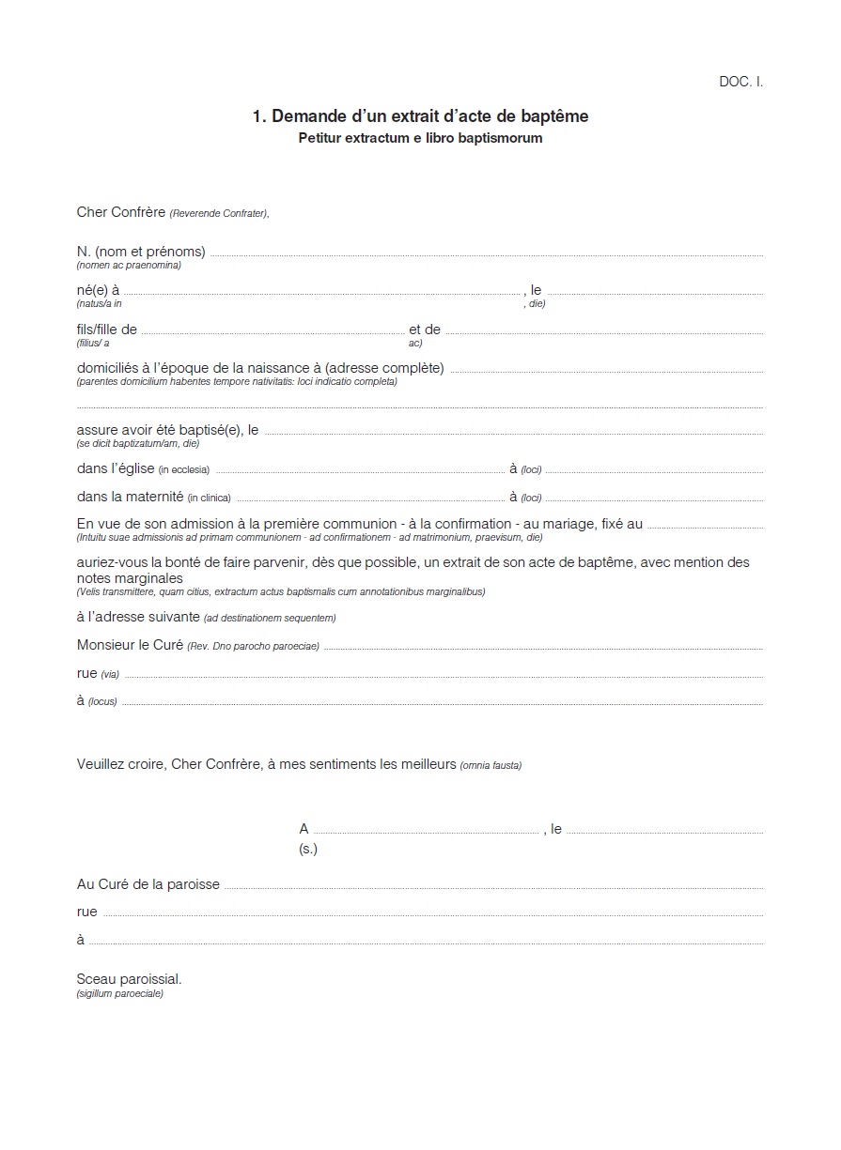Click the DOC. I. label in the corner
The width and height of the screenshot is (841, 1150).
click(740, 82)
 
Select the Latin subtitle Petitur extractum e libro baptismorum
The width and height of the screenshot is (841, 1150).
click(420, 138)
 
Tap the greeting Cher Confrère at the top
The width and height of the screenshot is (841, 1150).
click(120, 212)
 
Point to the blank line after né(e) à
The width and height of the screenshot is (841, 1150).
click(322, 294)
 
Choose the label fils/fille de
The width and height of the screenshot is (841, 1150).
click(107, 330)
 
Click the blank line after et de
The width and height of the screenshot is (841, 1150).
click(603, 333)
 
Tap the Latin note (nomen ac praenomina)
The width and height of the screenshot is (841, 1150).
click(129, 266)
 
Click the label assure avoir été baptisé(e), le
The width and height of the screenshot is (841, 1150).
click(167, 430)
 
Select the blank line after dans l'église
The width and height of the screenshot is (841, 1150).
click(359, 471)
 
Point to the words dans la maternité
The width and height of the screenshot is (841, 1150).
click(130, 497)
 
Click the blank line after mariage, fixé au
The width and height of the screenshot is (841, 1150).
click(705, 528)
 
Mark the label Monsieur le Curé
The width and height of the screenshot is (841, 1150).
click(130, 645)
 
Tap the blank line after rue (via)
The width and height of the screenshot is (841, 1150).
click(443, 676)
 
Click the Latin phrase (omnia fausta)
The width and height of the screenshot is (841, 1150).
click(491, 765)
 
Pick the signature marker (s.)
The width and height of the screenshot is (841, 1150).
click(308, 849)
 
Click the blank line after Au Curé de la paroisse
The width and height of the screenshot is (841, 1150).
click(492, 887)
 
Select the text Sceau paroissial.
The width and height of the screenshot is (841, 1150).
click(130, 979)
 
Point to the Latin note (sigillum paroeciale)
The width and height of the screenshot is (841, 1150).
click(120, 993)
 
